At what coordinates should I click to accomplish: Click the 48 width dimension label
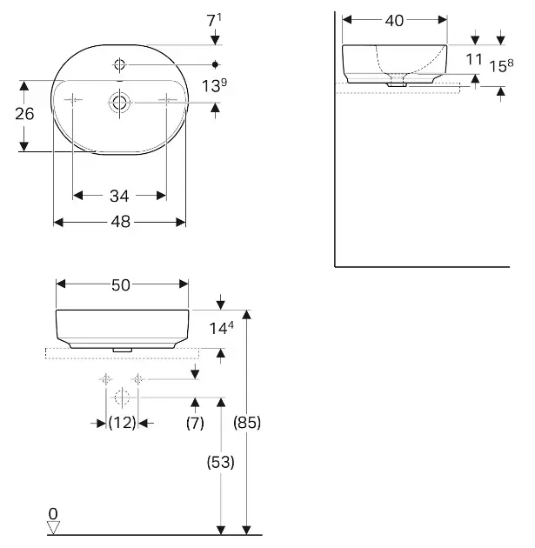(x=121, y=222)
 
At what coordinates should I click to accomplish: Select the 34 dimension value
(x=119, y=196)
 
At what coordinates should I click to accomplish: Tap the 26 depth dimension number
(x=24, y=114)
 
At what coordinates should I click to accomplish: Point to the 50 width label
(x=121, y=285)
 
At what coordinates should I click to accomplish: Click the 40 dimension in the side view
(x=395, y=21)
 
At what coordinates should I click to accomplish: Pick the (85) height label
(x=247, y=423)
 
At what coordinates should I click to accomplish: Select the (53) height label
(x=220, y=463)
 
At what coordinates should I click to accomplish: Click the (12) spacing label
(x=122, y=423)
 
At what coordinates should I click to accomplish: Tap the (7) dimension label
(x=195, y=423)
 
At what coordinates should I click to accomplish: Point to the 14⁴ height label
(x=221, y=328)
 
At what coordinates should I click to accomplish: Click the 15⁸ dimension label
(x=501, y=65)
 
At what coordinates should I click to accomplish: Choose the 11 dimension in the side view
(x=474, y=59)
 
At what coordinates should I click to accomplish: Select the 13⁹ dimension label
(x=214, y=85)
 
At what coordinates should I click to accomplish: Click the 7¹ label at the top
(x=214, y=20)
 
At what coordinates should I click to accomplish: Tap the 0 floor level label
(x=53, y=514)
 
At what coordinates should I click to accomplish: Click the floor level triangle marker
(x=53, y=528)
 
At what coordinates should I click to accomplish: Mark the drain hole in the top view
(x=119, y=102)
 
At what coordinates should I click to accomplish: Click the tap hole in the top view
(x=119, y=64)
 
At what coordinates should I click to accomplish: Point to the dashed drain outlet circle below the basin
(x=122, y=398)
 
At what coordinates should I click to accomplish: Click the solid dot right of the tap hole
(x=215, y=64)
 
